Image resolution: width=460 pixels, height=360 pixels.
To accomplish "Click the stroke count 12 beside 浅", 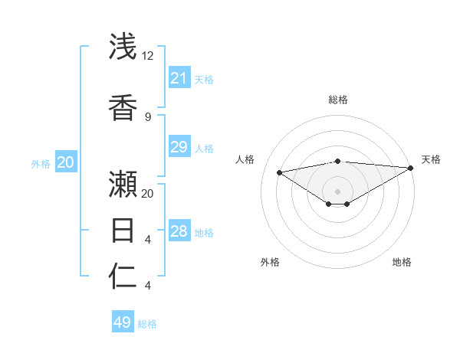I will [x=148, y=57].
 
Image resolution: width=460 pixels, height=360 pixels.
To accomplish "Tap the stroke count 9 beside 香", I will [x=148, y=116].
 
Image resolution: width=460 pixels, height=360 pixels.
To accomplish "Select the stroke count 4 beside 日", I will [x=148, y=240].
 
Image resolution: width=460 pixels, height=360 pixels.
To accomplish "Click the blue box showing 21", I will [x=179, y=78].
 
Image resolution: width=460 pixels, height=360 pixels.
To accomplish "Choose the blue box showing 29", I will [x=179, y=147].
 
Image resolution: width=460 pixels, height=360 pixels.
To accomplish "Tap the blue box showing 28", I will [x=179, y=231].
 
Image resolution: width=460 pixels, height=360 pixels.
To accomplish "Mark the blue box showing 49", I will [x=123, y=322].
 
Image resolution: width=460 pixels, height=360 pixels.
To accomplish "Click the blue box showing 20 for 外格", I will [x=66, y=162].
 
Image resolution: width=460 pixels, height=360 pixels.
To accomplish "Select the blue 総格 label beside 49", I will [x=147, y=324].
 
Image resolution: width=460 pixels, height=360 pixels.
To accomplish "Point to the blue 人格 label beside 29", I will [x=204, y=149].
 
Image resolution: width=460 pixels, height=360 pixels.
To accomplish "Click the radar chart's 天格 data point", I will [x=411, y=169].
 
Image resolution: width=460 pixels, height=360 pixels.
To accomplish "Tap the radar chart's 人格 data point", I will [x=279, y=172].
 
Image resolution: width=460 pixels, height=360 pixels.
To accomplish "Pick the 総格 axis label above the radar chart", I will [x=337, y=100].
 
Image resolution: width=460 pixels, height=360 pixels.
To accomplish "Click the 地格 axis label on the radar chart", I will [x=402, y=262].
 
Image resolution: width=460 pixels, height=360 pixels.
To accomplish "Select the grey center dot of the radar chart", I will [x=337, y=191].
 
